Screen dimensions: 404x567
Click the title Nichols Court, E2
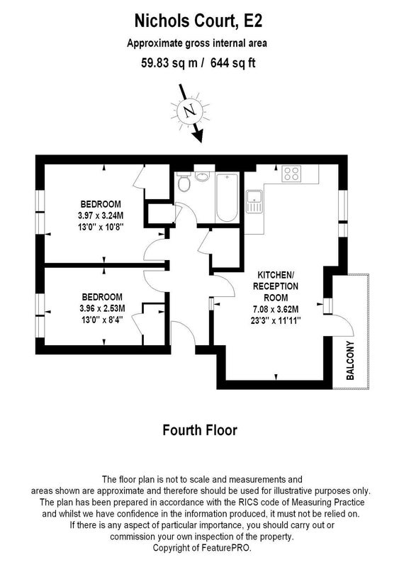click(x=198, y=21)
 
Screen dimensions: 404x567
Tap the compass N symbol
click(x=190, y=111)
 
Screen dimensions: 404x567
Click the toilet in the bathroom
click(x=184, y=183)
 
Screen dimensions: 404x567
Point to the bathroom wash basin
click(x=202, y=176)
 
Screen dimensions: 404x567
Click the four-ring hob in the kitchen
click(x=292, y=173)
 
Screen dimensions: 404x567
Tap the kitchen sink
click(x=255, y=201)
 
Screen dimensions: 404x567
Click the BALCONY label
click(x=350, y=361)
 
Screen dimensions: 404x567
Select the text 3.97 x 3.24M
click(x=101, y=215)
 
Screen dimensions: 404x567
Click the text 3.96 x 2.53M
click(x=102, y=308)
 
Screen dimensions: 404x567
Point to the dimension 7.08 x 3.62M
click(x=276, y=309)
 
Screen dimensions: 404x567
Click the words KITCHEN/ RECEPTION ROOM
click(x=276, y=286)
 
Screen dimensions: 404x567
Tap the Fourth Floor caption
click(x=200, y=430)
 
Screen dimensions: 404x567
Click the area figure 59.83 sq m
click(x=169, y=63)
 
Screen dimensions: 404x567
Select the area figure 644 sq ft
click(x=233, y=63)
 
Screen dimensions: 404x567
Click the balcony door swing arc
click(x=344, y=323)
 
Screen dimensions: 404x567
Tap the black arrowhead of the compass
click(x=198, y=136)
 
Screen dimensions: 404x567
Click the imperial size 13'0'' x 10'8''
click(x=101, y=227)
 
